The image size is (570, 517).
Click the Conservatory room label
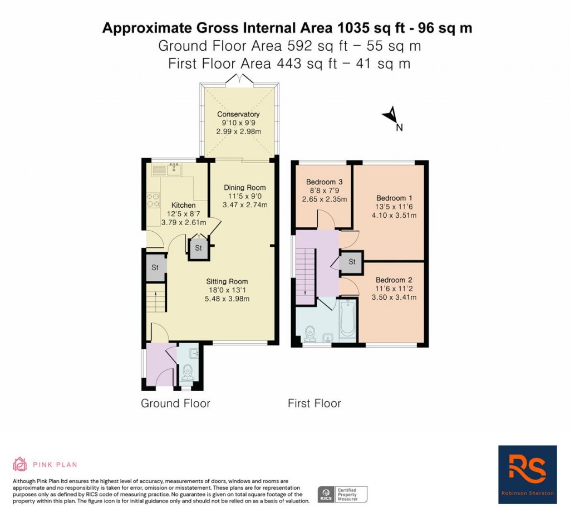238,114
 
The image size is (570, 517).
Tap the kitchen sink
174,169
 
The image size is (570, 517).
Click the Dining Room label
245,188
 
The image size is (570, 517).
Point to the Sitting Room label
227,281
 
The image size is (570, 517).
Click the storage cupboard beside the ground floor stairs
155,268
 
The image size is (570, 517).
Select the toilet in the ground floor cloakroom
188,372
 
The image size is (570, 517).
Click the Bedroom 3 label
325,182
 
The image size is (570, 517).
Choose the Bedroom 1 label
394,198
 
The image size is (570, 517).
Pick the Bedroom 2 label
394,280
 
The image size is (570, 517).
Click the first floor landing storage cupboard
352,262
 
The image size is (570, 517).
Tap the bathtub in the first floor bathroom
347,318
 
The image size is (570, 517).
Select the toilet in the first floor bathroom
310,334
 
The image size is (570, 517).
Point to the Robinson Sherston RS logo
528,475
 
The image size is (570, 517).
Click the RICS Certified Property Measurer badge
342,495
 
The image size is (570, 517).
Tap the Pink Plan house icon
20,464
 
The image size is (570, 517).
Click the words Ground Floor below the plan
175,403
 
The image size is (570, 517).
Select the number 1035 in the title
352,28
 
